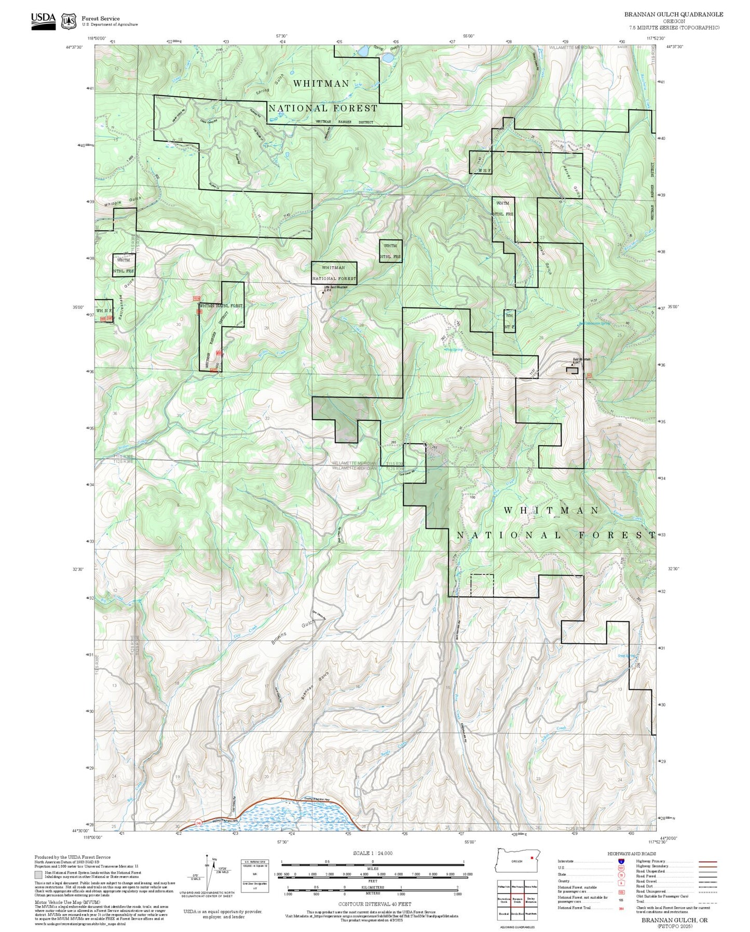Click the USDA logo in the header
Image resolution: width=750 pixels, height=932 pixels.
pyautogui.click(x=43, y=21)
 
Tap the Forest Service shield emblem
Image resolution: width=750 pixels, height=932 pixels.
pyautogui.click(x=69, y=21)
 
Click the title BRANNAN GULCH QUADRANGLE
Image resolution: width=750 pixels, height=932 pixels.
pyautogui.click(x=673, y=15)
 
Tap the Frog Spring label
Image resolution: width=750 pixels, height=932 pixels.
pyautogui.click(x=454, y=350)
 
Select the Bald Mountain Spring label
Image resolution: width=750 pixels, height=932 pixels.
pyautogui.click(x=594, y=323)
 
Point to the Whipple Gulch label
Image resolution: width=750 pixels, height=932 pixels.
pyautogui.click(x=122, y=202)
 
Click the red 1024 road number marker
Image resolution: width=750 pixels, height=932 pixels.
pyautogui.click(x=196, y=298)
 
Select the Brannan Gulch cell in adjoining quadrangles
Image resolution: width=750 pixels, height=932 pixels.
pyautogui.click(x=517, y=900)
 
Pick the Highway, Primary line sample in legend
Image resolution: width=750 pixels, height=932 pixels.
pyautogui.click(x=707, y=861)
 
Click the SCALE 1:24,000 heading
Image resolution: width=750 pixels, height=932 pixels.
pyautogui.click(x=372, y=853)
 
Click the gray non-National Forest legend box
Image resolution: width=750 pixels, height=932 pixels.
pyautogui.click(x=39, y=875)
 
